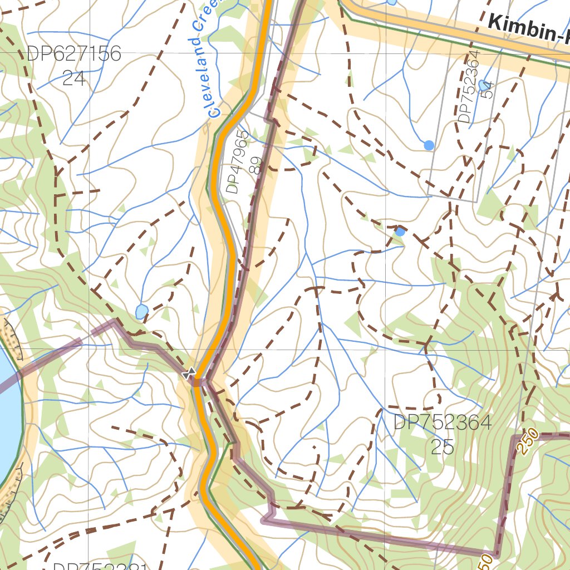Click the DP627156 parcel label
click(73, 54)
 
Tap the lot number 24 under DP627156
click(73, 78)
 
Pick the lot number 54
click(488, 89)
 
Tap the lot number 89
click(256, 165)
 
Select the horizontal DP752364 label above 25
click(443, 422)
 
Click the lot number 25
click(443, 446)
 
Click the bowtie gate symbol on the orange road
click(189, 373)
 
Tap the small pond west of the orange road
click(142, 311)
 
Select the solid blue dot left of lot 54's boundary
click(429, 145)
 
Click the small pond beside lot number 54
click(483, 85)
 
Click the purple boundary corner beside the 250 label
click(514, 437)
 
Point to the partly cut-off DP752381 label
click(100, 566)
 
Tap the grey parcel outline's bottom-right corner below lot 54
click(478, 201)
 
